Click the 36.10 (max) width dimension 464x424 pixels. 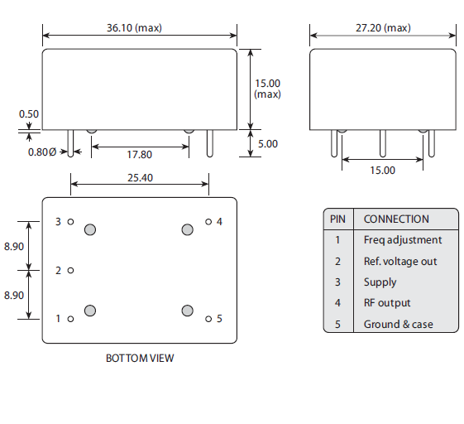pyautogui.click(x=134, y=27)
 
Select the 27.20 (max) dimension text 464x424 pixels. pyautogui.click(x=383, y=27)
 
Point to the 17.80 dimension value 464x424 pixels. pyautogui.click(x=139, y=155)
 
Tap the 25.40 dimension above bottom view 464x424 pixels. pyautogui.click(x=140, y=178)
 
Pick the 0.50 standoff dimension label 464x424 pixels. pyautogui.click(x=29, y=114)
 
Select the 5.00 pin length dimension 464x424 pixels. pyautogui.click(x=267, y=143)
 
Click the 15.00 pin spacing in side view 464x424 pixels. pyautogui.click(x=383, y=170)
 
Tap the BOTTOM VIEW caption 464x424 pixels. pyautogui.click(x=140, y=359)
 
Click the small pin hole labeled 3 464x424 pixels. pyautogui.click(x=71, y=222)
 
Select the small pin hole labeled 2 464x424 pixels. pyautogui.click(x=71, y=270)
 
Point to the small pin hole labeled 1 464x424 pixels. pyautogui.click(x=71, y=318)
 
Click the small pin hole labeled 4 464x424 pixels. pyautogui.click(x=208, y=222)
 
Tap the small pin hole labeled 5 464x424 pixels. pyautogui.click(x=208, y=318)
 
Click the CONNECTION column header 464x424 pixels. pyautogui.click(x=396, y=219)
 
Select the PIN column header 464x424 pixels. pyautogui.click(x=337, y=219)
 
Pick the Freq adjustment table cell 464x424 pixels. pyautogui.click(x=402, y=240)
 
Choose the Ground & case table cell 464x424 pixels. pyautogui.click(x=398, y=324)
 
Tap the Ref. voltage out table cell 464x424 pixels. pyautogui.click(x=400, y=262)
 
